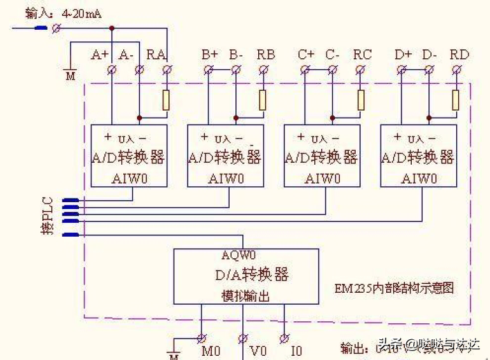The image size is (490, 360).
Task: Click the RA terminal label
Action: pyautogui.click(x=156, y=54)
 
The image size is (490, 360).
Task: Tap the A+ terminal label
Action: pyautogui.click(x=100, y=54)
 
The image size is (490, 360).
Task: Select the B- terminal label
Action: pyautogui.click(x=236, y=54)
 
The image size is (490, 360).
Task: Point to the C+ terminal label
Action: pyautogui.click(x=306, y=54)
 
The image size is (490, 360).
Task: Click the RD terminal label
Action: pyautogui.click(x=459, y=54)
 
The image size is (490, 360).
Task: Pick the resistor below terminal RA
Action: pyautogui.click(x=166, y=100)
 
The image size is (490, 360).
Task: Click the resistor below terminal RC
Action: pyautogui.click(x=360, y=100)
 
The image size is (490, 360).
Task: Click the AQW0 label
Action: pyautogui.click(x=239, y=254)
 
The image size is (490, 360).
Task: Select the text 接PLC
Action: pyautogui.click(x=48, y=216)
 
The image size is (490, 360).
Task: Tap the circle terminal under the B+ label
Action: pyautogui.click(x=208, y=69)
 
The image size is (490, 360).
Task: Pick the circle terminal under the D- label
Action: pyautogui.click(x=429, y=69)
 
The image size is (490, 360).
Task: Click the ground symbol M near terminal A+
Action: pyautogui.click(x=70, y=75)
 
